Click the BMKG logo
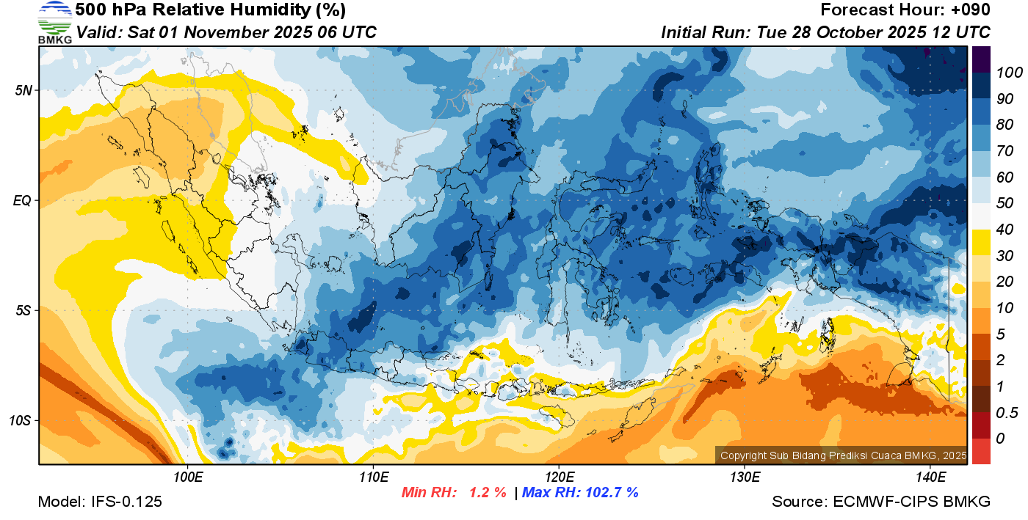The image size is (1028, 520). coord(55,22)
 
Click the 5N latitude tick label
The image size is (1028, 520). coord(23,90)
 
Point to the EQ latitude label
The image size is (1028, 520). coord(22,200)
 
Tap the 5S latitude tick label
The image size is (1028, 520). coord(23,310)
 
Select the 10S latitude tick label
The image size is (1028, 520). coord(20,420)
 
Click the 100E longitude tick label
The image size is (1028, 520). coord(188,477)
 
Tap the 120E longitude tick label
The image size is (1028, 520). coord(559,477)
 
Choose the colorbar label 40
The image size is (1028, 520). coord(1005,230)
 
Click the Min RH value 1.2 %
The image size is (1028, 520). coord(488,492)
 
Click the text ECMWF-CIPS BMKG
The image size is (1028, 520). coord(911,502)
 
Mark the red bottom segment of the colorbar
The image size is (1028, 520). coord(981,451)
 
